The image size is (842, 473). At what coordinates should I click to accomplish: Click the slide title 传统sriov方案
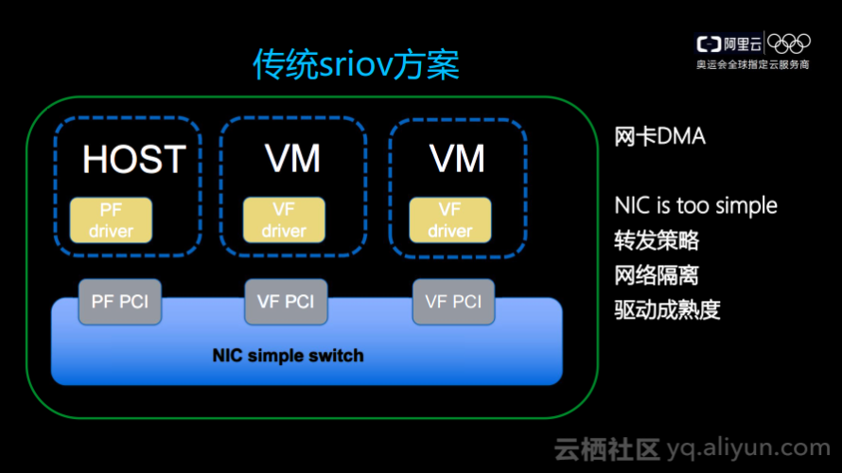pos(356,65)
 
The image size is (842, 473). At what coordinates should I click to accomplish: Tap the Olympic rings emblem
pos(789,44)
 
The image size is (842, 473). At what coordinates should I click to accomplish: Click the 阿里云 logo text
pos(729,44)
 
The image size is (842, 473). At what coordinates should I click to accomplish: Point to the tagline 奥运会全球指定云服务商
pos(753,65)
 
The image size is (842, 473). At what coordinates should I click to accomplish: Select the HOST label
pos(133,159)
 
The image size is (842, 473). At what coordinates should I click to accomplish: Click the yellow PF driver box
pos(111,219)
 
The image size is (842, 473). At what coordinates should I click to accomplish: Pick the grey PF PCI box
pos(119,302)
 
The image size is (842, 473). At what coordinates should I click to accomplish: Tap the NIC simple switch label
pos(288,356)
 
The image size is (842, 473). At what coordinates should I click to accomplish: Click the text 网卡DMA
pos(659,136)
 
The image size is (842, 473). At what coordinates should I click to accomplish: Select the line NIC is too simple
pos(695,205)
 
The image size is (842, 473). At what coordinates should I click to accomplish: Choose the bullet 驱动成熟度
pos(667,309)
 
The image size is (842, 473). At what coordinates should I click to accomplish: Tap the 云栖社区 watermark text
pos(605,448)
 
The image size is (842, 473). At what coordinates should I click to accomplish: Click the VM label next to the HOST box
pos(291,159)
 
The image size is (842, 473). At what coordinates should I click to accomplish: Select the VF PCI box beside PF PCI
pos(286,302)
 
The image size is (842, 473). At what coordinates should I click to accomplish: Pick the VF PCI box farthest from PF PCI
pos(453,302)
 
